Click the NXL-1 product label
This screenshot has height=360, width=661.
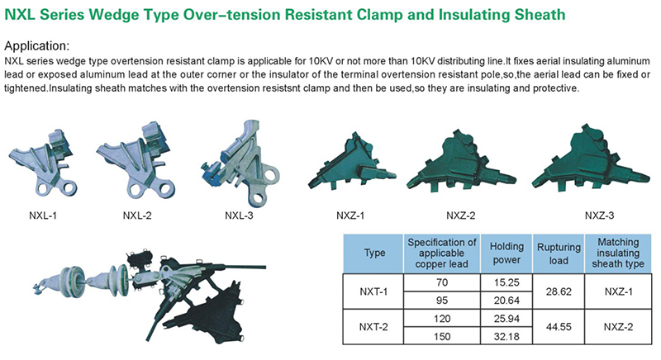click(43, 216)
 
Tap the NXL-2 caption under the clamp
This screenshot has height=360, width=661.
click(137, 216)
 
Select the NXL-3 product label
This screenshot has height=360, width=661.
click(239, 216)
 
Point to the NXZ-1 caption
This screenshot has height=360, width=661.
click(350, 216)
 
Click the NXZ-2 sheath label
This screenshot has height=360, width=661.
click(461, 216)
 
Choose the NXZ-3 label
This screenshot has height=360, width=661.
click(600, 216)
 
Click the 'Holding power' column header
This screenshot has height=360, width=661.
click(506, 253)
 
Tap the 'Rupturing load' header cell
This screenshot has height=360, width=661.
click(559, 253)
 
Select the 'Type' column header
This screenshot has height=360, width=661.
click(375, 253)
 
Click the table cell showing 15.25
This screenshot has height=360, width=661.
click(506, 282)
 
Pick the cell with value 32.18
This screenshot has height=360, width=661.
click(506, 337)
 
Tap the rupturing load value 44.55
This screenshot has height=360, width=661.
click(559, 327)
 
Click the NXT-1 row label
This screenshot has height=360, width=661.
click(373, 291)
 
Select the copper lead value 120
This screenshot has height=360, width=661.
click(442, 319)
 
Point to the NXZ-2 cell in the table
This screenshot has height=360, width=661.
click(618, 327)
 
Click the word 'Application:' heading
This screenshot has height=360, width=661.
click(36, 46)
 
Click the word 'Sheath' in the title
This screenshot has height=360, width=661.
click(540, 15)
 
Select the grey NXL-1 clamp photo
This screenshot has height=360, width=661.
click(44, 163)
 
